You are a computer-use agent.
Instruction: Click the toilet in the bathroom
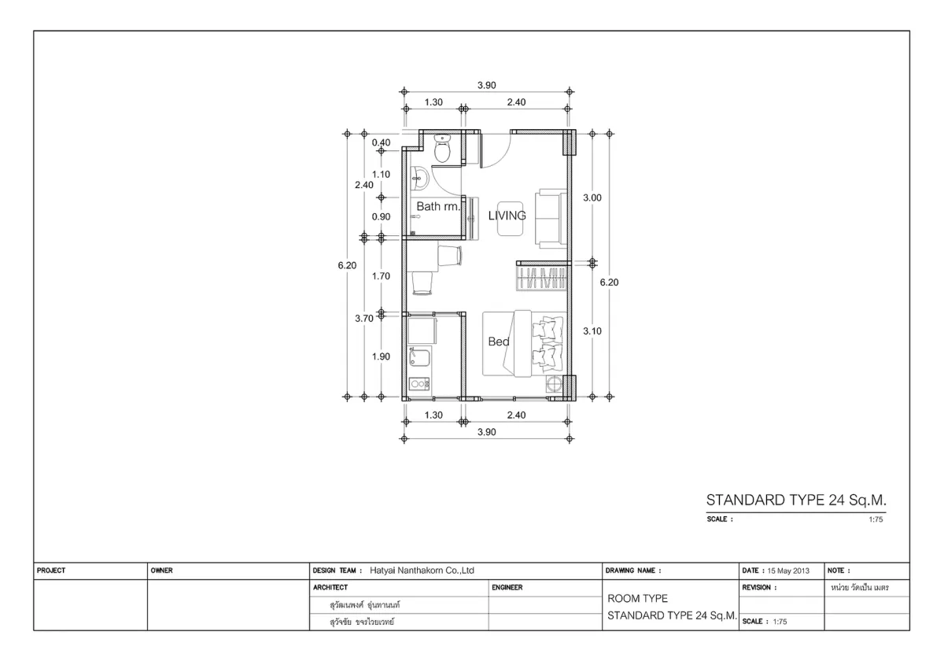coord(442,148)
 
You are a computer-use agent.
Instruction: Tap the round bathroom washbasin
coord(419,178)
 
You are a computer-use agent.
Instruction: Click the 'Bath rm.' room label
coord(438,206)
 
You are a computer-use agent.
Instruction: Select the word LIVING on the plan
coord(507,216)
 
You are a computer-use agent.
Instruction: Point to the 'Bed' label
coord(499,341)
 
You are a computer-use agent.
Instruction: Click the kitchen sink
coord(419,356)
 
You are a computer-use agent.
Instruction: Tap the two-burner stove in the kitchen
coord(419,384)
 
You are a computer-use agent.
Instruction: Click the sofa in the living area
coord(551,219)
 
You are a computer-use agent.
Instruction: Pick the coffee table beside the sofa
coord(511,219)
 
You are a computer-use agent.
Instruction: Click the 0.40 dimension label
coord(381,142)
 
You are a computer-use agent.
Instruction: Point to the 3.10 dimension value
coord(592,331)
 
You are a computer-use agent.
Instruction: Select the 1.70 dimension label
coord(381,276)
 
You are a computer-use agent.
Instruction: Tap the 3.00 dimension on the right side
coord(592,198)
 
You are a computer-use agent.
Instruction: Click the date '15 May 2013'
coord(788,571)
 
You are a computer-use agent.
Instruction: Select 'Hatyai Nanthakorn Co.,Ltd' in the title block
coord(422,571)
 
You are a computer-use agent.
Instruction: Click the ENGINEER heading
coord(507,587)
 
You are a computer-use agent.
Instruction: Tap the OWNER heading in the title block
coord(162,571)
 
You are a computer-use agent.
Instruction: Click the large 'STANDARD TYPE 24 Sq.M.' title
coord(796,500)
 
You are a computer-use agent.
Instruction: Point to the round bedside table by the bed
coord(554,384)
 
